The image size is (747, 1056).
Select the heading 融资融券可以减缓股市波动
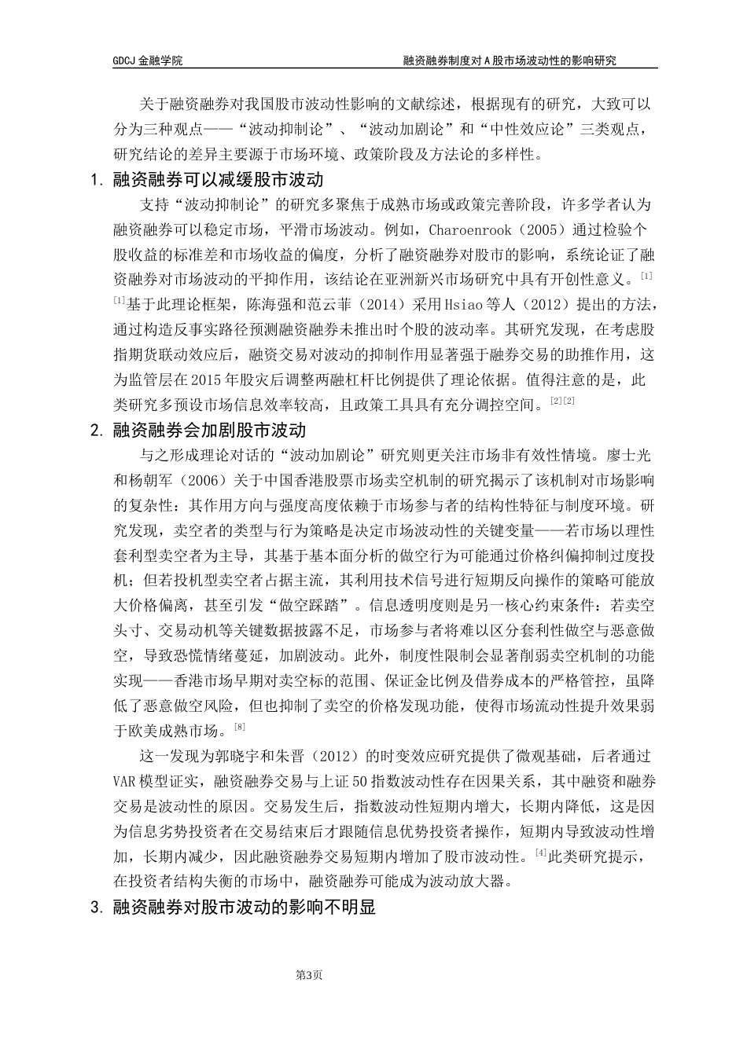(219, 181)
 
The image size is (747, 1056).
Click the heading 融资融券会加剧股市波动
(209, 431)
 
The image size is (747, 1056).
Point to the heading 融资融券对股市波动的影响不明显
(245, 907)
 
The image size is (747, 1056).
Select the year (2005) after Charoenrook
(543, 231)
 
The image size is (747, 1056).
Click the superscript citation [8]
(241, 726)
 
